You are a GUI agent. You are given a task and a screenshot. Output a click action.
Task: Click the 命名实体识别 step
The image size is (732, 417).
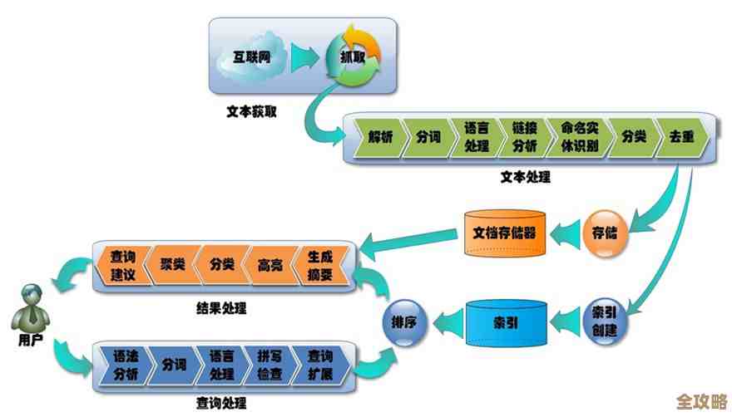[x=579, y=137]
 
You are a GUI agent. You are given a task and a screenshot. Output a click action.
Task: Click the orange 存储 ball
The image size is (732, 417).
[x=605, y=230]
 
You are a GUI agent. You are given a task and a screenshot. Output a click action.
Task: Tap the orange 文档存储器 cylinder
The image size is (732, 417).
[x=504, y=232]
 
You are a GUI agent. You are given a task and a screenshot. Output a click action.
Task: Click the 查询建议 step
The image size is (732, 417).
[x=128, y=266]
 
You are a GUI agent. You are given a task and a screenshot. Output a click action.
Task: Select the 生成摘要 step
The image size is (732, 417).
[x=319, y=266]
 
